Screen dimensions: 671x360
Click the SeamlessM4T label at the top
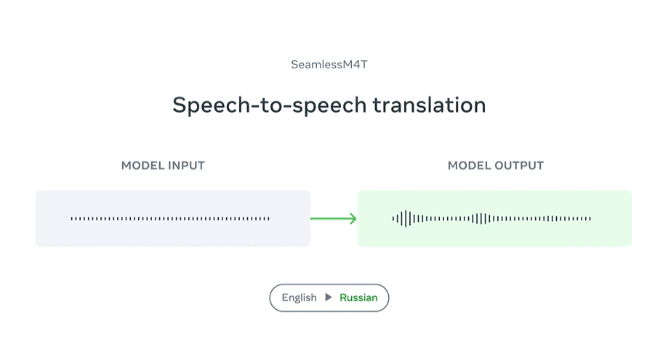coord(329,64)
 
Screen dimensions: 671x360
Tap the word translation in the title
coord(429,105)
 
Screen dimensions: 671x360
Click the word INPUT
coord(186,166)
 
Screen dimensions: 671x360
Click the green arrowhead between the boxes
coord(353,219)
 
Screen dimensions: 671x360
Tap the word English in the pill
coord(299,297)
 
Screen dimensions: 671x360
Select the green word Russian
coord(358,297)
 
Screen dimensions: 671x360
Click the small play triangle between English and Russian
coord(328,297)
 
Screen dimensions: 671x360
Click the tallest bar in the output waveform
coord(406,219)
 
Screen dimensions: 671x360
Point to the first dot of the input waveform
coord(72,219)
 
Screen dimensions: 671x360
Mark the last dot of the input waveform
coord(268,219)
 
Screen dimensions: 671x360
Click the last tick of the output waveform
coord(590,219)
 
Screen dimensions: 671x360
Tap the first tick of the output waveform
coord(393,219)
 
